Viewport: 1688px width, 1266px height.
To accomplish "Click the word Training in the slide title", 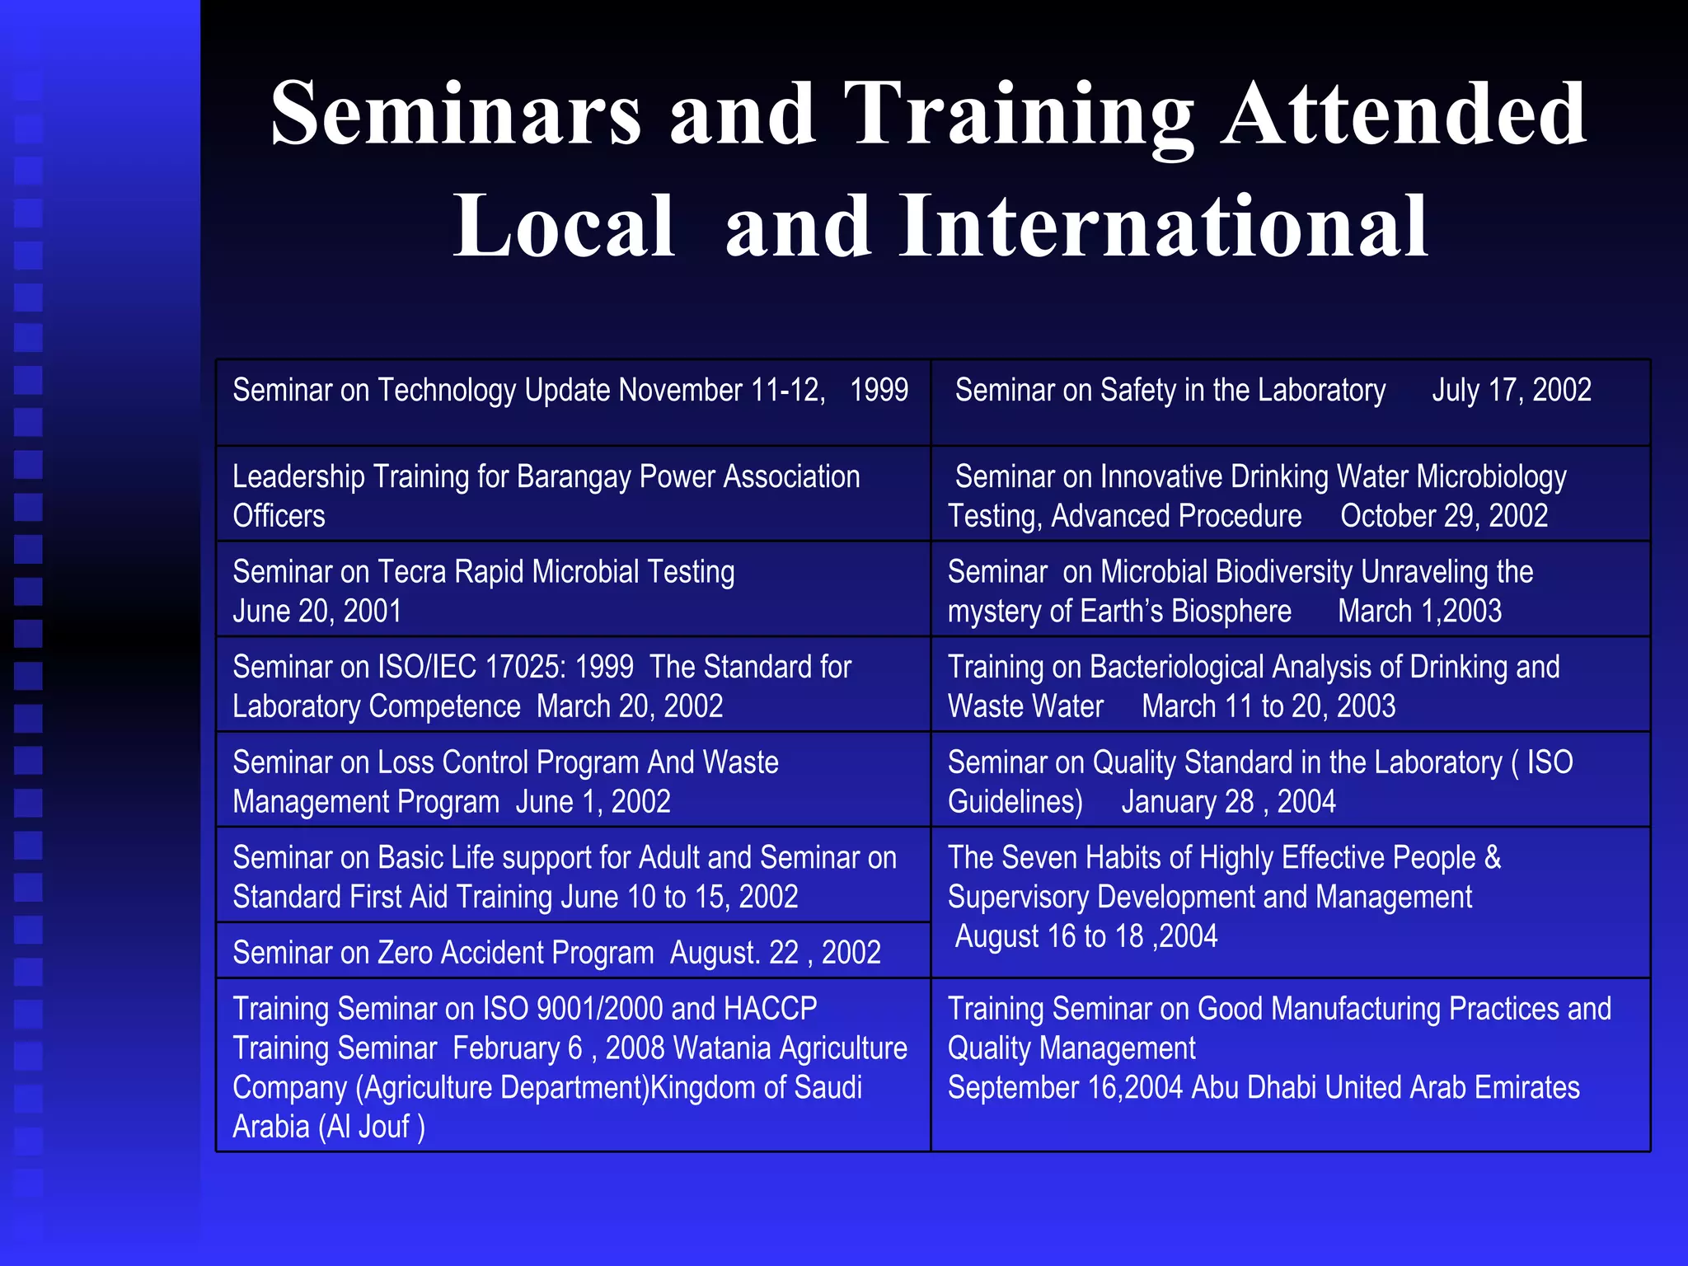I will point(1019,115).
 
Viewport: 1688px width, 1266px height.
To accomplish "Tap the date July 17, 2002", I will point(1511,390).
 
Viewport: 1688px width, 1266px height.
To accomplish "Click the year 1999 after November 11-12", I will point(879,390).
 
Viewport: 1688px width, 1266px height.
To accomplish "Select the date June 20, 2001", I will point(316,612).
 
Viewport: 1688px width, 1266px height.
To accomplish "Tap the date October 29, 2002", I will point(1443,517).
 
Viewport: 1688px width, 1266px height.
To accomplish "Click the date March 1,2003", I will point(1419,612).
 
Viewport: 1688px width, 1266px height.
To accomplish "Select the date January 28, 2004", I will point(1228,802).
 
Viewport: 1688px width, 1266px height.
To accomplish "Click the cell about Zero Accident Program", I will point(556,953).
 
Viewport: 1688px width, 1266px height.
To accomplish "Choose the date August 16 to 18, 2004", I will point(1085,937).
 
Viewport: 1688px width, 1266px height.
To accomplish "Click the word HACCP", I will point(770,1009).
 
